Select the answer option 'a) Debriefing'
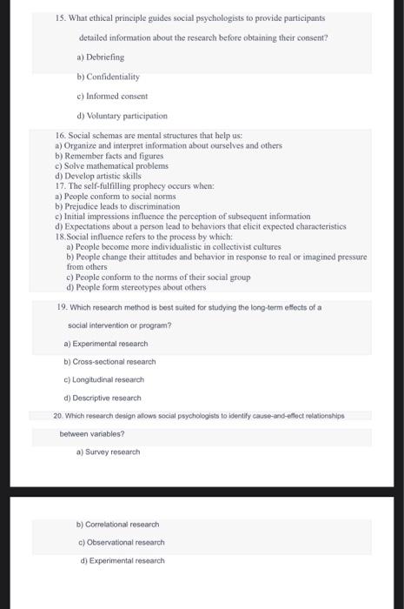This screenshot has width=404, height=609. pyautogui.click(x=100, y=57)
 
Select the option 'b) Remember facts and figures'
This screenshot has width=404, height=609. pyautogui.click(x=109, y=156)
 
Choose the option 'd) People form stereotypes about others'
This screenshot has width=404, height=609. pyautogui.click(x=136, y=287)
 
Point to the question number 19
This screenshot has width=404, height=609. pyautogui.click(x=58, y=307)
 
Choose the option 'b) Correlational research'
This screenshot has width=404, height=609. pyautogui.click(x=117, y=525)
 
